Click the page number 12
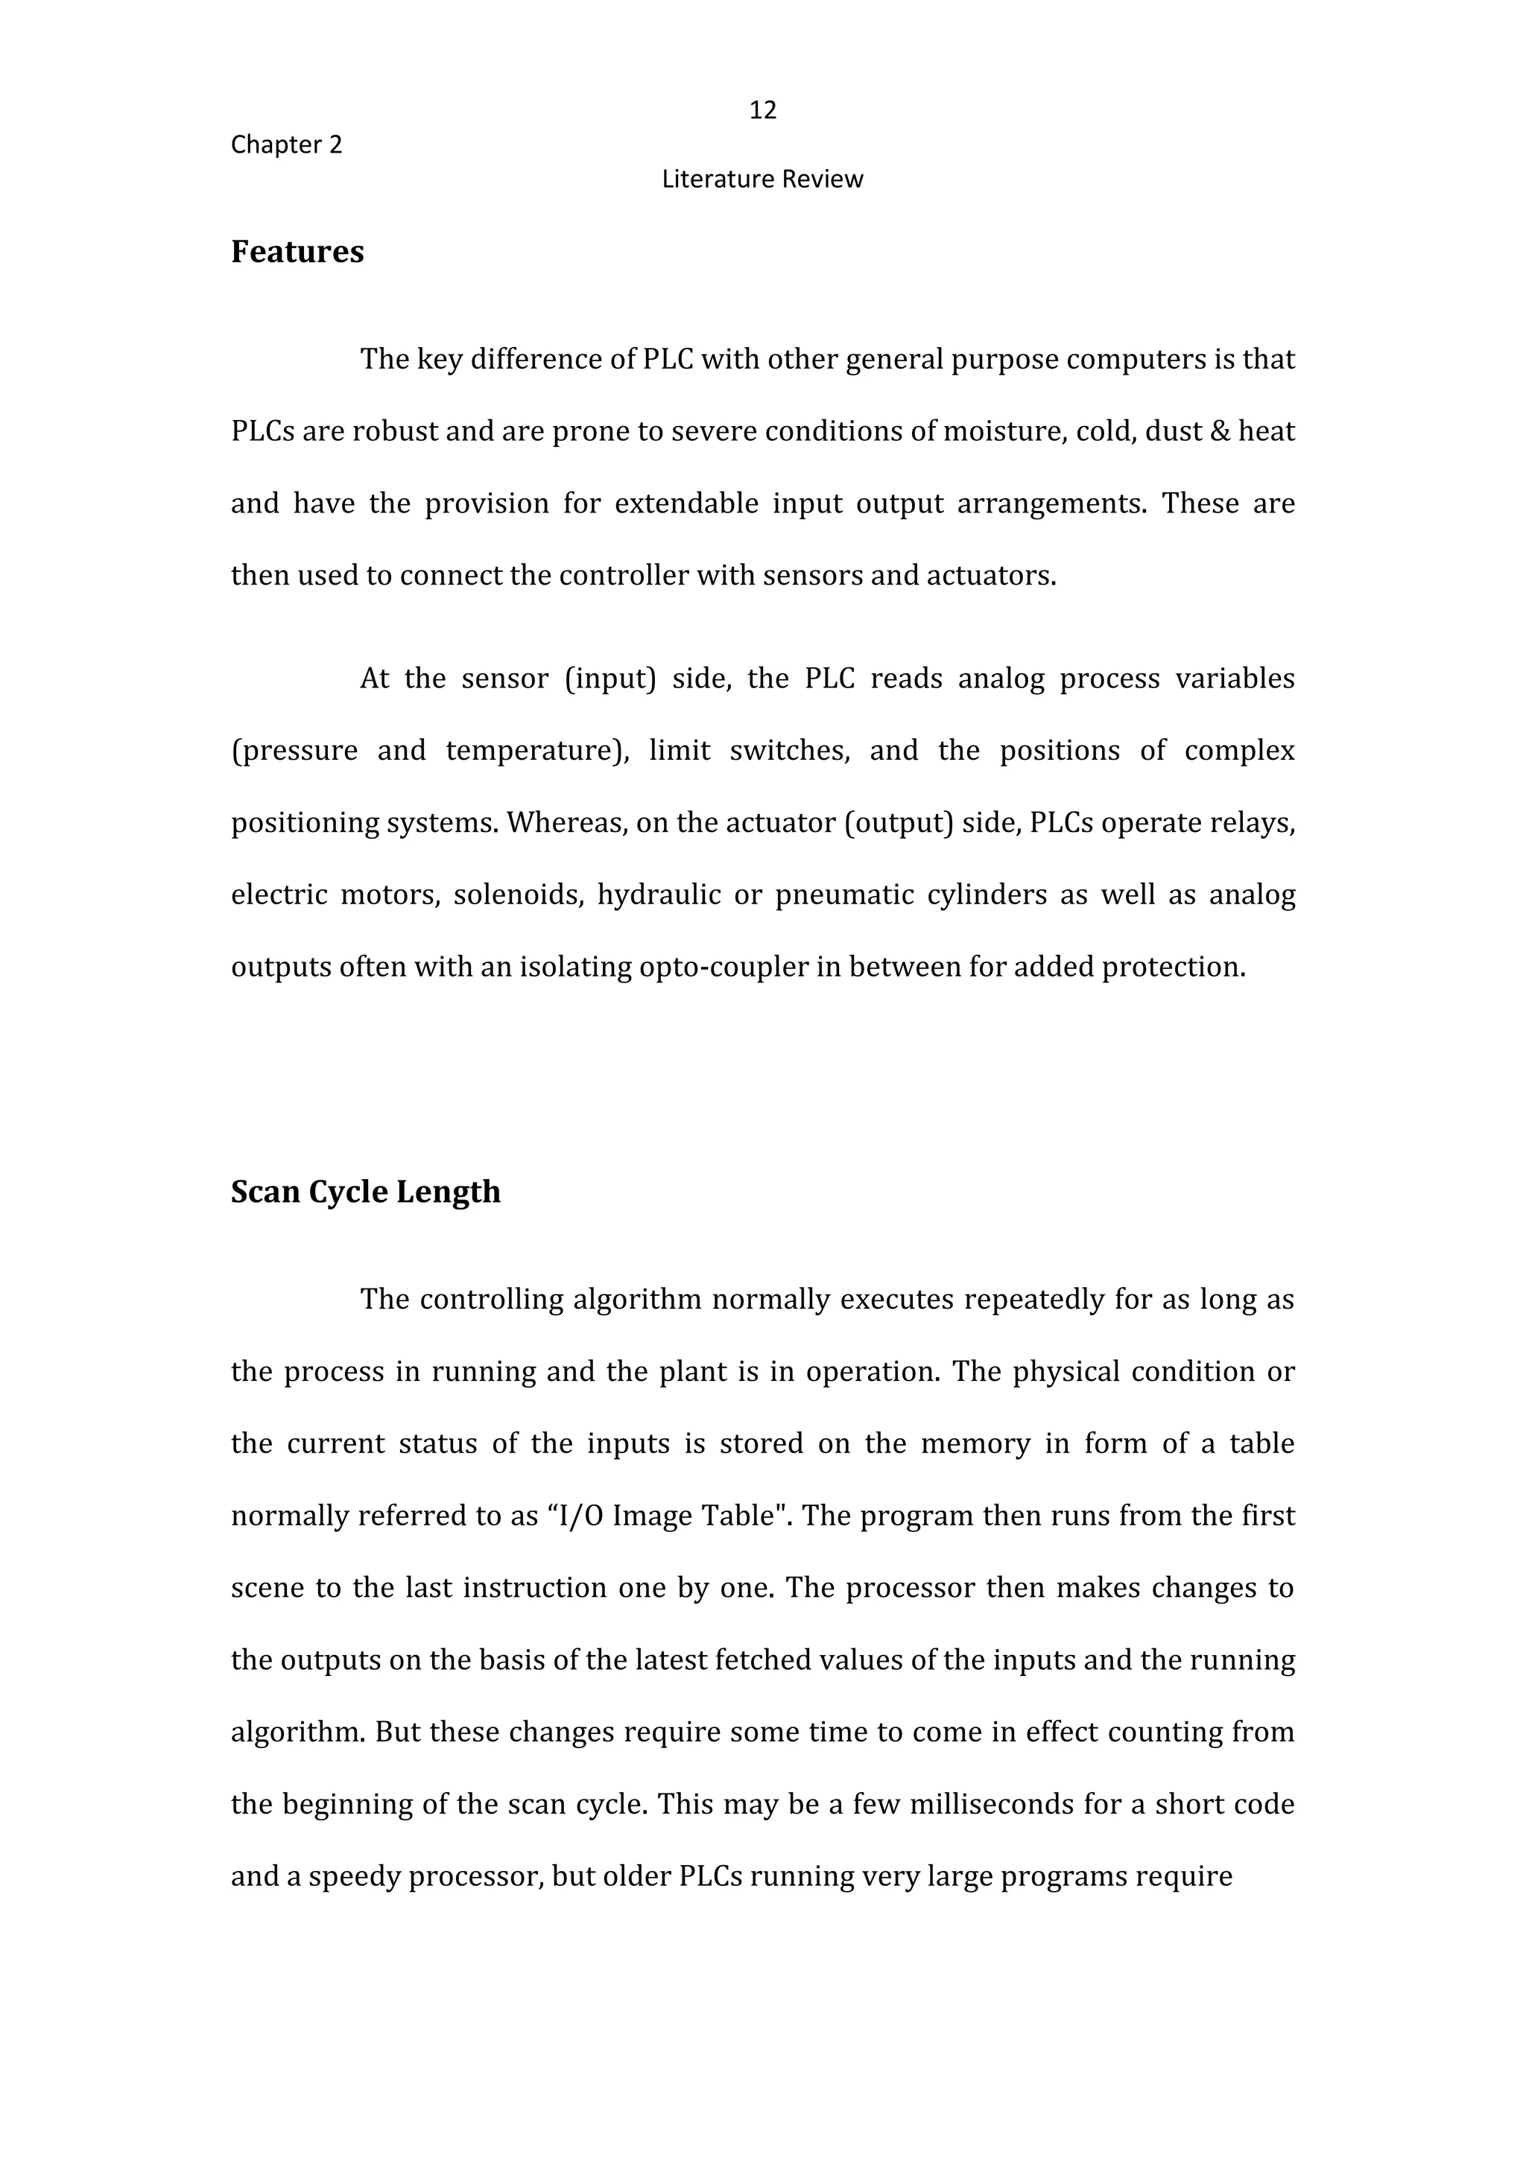point(762,111)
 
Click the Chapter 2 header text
point(287,144)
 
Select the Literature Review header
point(762,180)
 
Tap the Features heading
point(297,252)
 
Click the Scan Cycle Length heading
point(366,1192)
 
